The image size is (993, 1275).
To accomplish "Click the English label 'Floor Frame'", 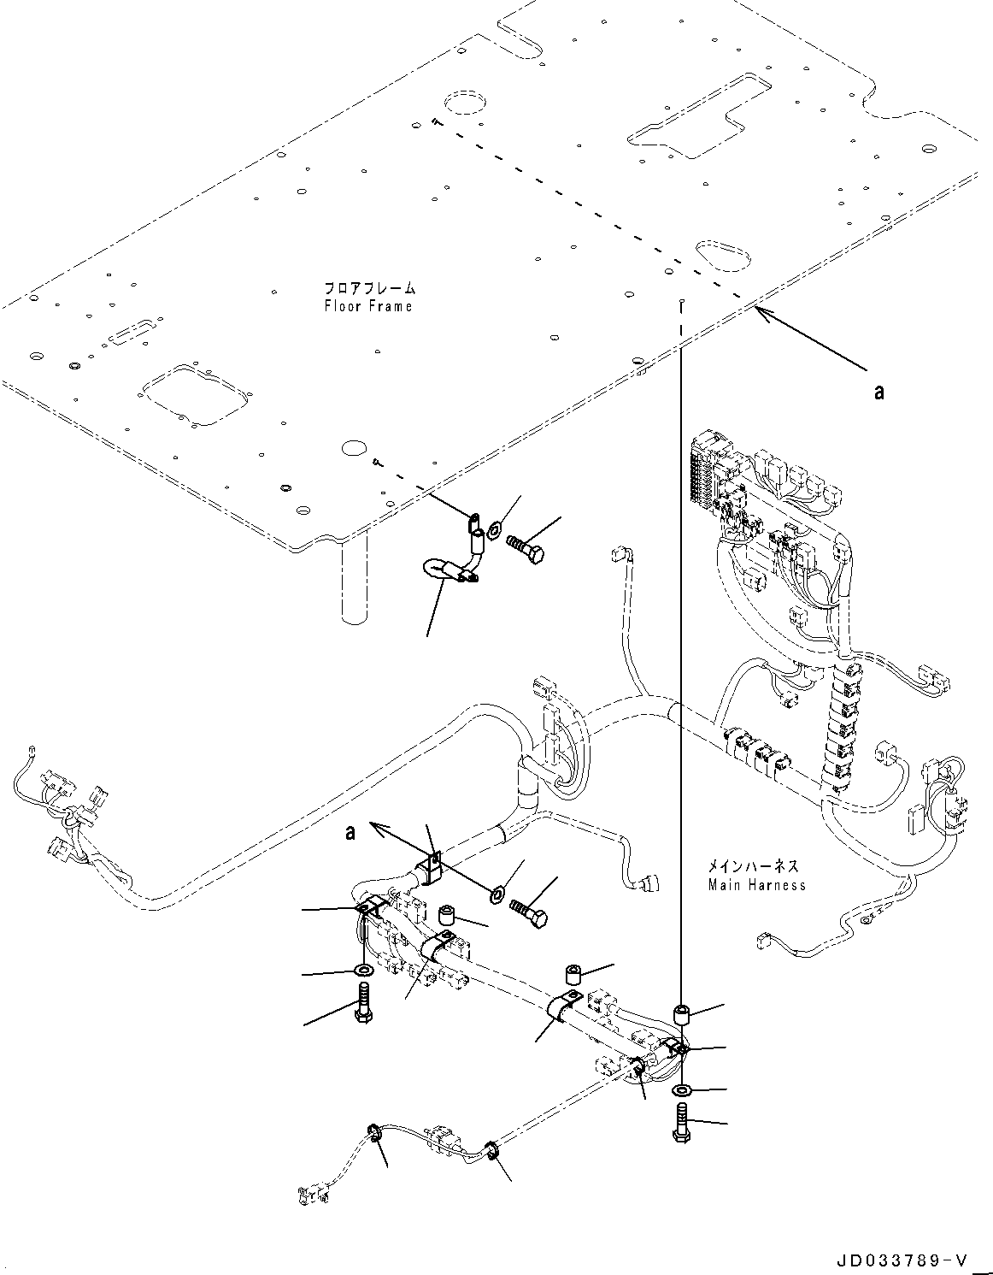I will [x=367, y=306].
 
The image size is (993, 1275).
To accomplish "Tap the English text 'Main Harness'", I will [x=756, y=885].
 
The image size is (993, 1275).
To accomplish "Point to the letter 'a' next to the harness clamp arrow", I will [x=350, y=831].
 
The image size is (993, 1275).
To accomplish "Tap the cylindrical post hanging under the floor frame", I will [x=355, y=577].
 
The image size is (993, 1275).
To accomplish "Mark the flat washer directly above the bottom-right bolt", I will [x=682, y=1091].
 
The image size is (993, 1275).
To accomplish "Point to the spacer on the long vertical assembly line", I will [x=682, y=1015].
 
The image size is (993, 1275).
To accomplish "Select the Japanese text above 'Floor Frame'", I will [x=367, y=288].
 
